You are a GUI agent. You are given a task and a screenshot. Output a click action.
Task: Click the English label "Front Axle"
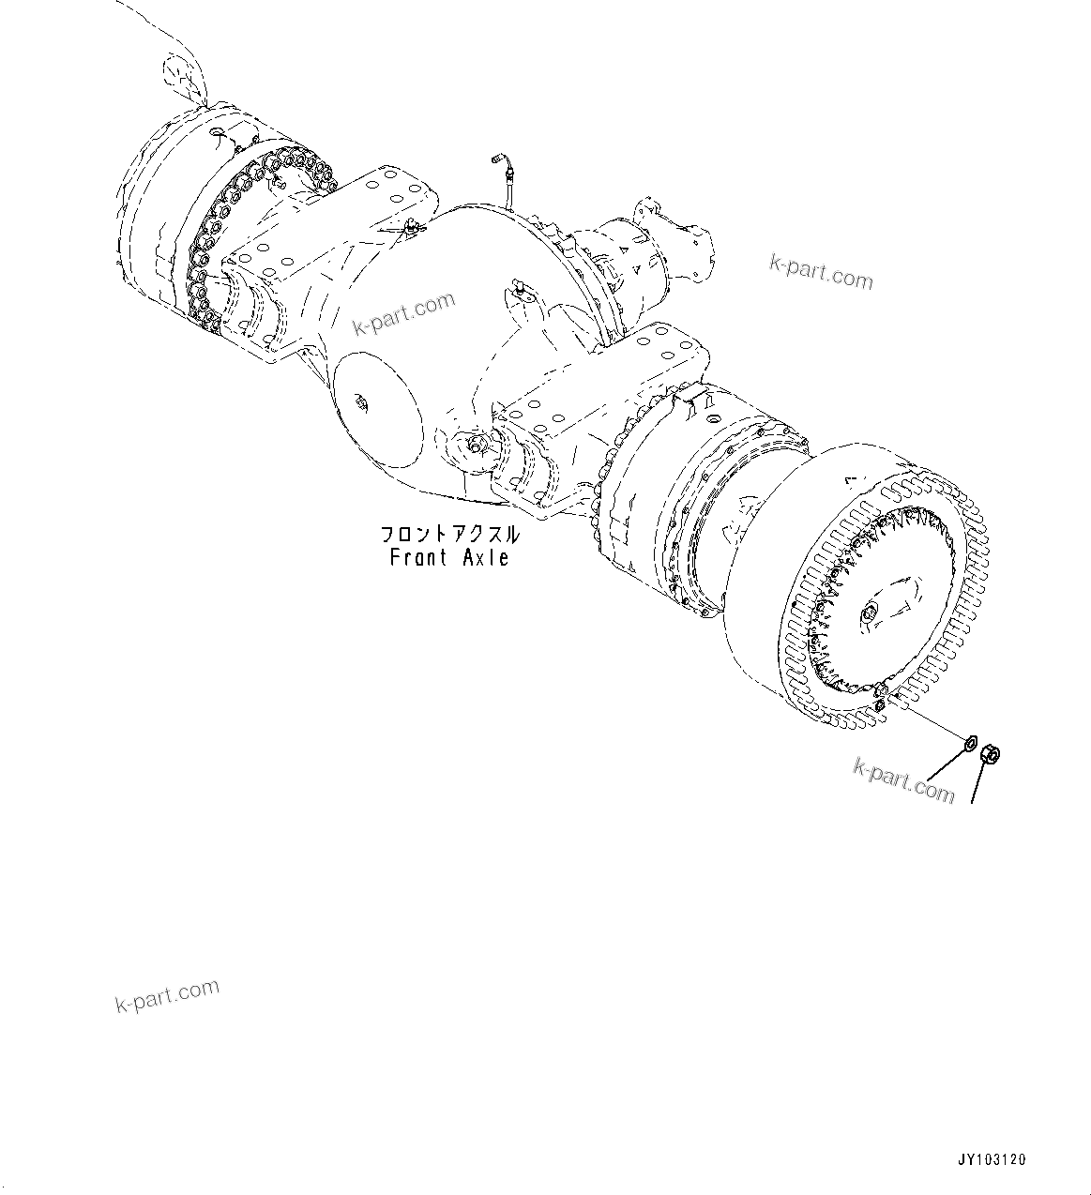pyautogui.click(x=449, y=557)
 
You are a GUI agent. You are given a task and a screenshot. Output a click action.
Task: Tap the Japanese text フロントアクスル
pyautogui.click(x=449, y=535)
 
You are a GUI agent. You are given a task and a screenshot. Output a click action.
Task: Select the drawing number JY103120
pyautogui.click(x=993, y=1160)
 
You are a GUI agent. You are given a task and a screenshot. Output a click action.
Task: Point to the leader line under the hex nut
pyautogui.click(x=982, y=782)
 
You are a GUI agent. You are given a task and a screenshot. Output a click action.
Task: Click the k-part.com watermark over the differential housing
pyautogui.click(x=404, y=313)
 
